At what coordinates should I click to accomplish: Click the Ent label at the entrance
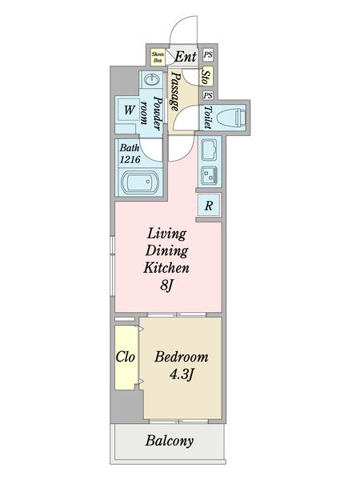pos(186,57)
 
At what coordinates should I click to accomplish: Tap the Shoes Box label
pos(158,58)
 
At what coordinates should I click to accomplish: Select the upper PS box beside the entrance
pos(208,54)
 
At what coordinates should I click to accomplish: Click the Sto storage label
pos(206,77)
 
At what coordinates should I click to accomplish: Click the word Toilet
pos(208,118)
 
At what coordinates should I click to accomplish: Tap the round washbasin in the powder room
pos(152,80)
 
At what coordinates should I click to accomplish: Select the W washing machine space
pos(130,110)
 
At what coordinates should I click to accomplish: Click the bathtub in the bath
pos(140,182)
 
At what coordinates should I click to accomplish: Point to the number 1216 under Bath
pos(130,159)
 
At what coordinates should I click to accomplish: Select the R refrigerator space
pos(209,206)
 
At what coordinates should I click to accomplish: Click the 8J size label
pos(167,286)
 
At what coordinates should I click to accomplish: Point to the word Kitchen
pos(166,268)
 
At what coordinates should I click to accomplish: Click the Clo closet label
pos(126,357)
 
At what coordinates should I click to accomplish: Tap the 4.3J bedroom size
pos(182,374)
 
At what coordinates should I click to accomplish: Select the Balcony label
pos(170,441)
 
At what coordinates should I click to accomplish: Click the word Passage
pos(174,91)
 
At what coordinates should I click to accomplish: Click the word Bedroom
pos(182,357)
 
